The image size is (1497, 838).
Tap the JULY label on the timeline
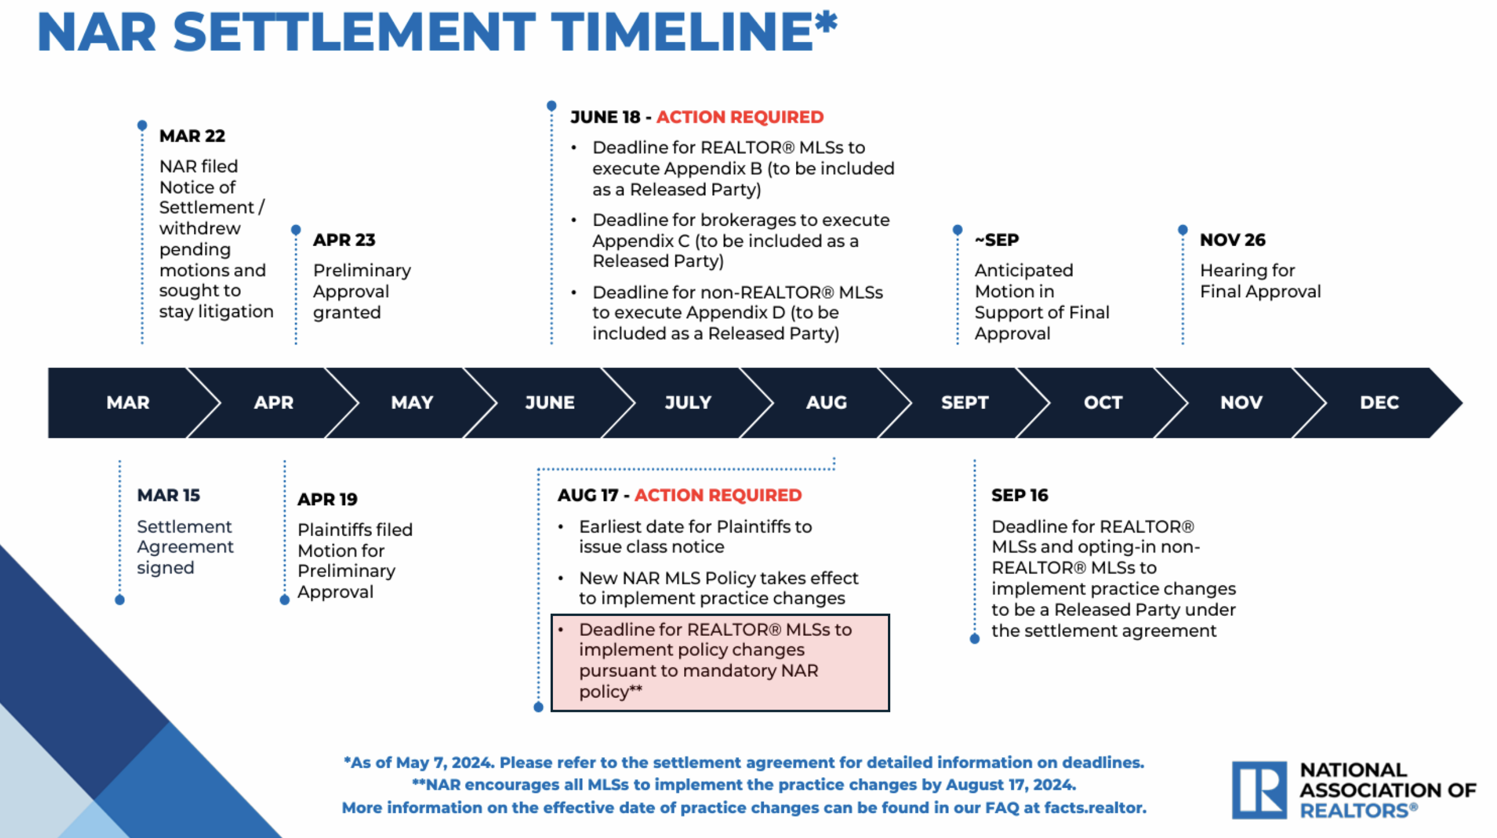click(x=688, y=403)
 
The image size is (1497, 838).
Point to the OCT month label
click(x=1103, y=403)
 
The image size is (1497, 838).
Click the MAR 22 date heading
click(x=192, y=136)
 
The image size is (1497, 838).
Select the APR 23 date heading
click(x=344, y=240)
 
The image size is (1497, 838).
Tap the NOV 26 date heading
click(x=1232, y=240)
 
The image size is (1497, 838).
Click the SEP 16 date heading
click(x=1020, y=495)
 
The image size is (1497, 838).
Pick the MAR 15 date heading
click(x=169, y=495)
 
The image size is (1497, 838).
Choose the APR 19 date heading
click(x=327, y=499)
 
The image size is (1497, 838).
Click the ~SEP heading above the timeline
click(x=997, y=240)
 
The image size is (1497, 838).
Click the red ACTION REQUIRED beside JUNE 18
click(x=740, y=117)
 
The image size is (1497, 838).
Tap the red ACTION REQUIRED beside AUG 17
click(x=718, y=495)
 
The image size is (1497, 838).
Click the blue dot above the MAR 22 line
click(x=142, y=125)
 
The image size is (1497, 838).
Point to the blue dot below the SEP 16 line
click(x=975, y=639)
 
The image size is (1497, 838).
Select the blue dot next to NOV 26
click(x=1182, y=229)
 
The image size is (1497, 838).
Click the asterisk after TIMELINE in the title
click(x=826, y=23)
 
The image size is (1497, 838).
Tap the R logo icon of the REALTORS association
click(x=1259, y=790)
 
